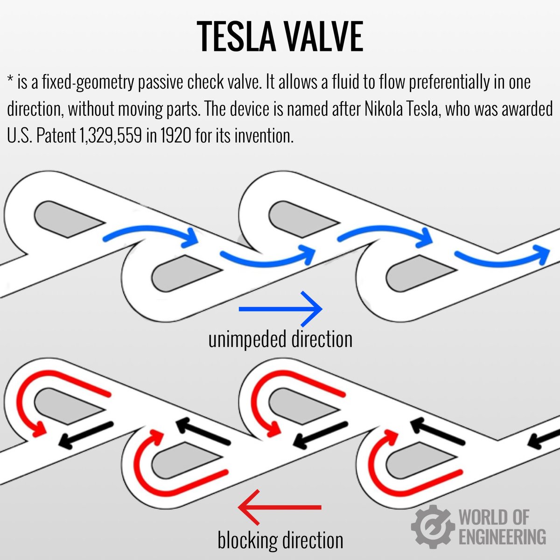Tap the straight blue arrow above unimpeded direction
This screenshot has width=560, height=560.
pos(280,308)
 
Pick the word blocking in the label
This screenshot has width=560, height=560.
pos(247,540)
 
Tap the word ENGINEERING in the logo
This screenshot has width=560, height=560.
pos(502,537)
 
